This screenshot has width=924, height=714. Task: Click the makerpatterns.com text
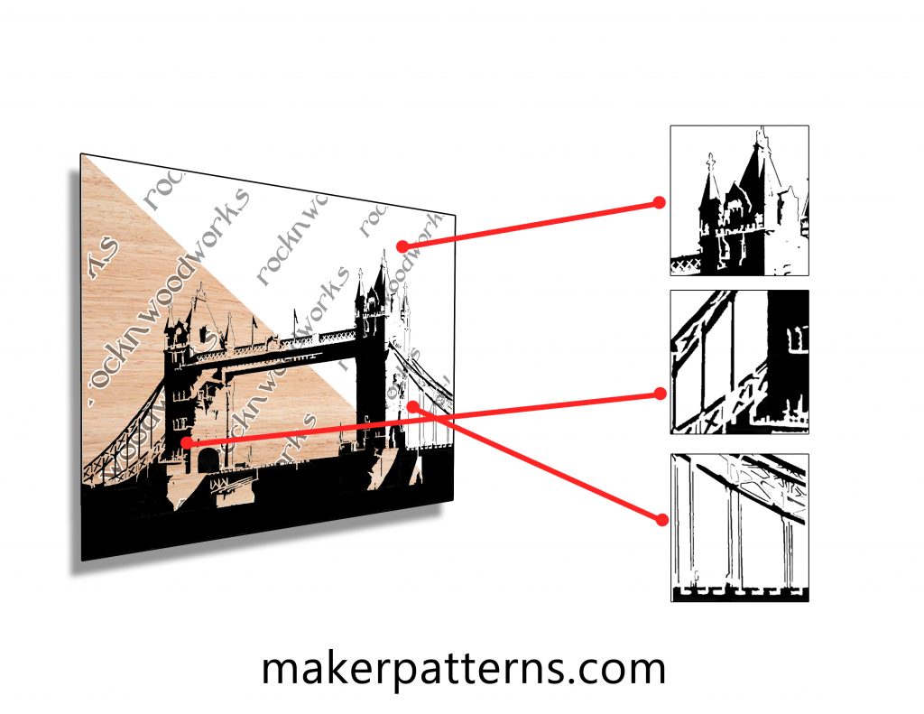[x=463, y=669]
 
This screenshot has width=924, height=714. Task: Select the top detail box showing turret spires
[x=739, y=199]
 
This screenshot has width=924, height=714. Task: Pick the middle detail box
[x=739, y=361]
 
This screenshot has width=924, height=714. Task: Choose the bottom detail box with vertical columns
[x=739, y=527]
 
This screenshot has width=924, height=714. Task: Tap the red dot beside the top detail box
[x=660, y=203]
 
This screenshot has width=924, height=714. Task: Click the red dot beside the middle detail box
[x=660, y=394]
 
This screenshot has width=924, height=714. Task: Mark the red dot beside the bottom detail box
[x=661, y=519]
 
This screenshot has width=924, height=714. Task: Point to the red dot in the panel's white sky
[x=401, y=246]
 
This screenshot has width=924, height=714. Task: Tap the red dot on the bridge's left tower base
[x=185, y=442]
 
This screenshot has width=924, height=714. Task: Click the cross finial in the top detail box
[x=711, y=163]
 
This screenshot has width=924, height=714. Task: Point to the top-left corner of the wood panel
[x=82, y=155]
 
